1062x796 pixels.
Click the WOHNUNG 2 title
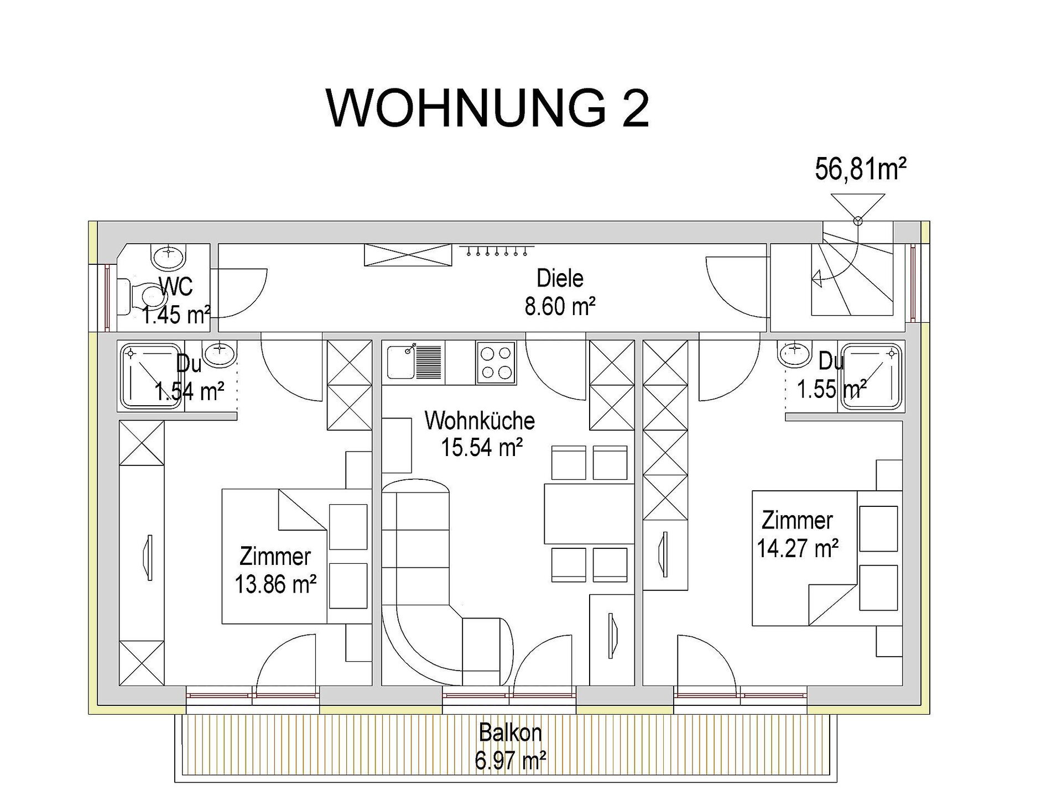point(487,108)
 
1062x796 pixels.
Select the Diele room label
point(560,278)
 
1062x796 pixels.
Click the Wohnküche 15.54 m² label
point(480,434)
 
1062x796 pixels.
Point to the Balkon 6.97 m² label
point(511,746)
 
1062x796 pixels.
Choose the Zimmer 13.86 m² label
point(275,570)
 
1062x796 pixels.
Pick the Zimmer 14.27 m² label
point(798,534)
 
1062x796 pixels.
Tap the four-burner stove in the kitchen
point(496,363)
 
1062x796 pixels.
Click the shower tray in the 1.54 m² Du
point(151,376)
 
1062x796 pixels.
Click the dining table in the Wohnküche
point(589,514)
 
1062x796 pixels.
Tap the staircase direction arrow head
point(817,280)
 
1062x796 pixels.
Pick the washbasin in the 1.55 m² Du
point(794,353)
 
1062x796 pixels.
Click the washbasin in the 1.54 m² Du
point(220,353)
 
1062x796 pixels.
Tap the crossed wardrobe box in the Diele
point(407,255)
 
